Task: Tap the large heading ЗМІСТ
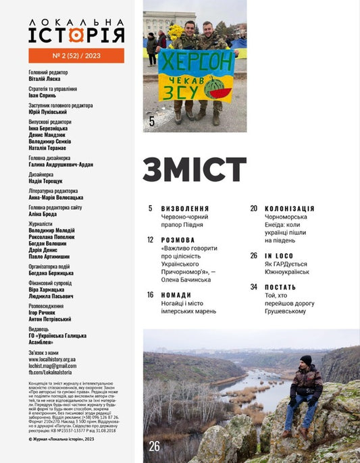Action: coord(195,170)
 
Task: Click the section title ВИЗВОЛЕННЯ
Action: coord(185,209)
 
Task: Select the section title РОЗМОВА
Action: coord(178,240)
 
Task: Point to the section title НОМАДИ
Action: coord(176,295)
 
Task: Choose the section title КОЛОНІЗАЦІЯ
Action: coord(289,209)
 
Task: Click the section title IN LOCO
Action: coord(278,256)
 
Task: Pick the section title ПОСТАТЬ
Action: coord(280,287)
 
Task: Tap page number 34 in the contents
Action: coord(254,287)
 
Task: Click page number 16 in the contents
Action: coord(151,295)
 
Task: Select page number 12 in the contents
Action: coord(151,240)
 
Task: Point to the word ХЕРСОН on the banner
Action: coord(196,59)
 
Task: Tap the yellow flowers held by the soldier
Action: coord(175,32)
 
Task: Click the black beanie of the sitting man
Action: coord(306,360)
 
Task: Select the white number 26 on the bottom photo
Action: coord(154,446)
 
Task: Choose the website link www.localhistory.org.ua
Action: coord(52,359)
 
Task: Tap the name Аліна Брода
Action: coord(44,215)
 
